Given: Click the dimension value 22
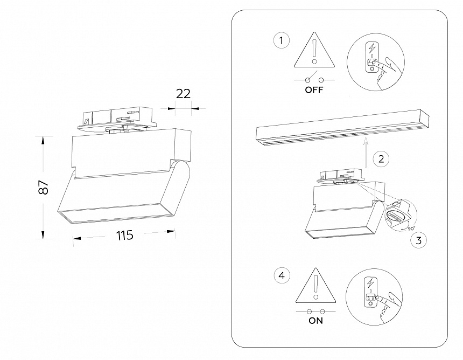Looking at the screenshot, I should click(184, 93).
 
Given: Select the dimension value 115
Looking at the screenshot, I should click(124, 235).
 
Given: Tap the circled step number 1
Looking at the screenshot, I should click(281, 41).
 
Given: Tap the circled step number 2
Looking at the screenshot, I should click(381, 159).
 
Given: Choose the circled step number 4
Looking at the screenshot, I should click(281, 276).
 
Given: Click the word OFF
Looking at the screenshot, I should click(314, 90).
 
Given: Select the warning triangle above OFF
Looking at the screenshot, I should click(314, 52).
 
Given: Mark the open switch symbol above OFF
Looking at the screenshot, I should click(314, 79).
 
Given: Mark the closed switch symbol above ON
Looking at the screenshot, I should click(315, 311).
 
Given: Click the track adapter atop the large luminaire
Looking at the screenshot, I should click(117, 120).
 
